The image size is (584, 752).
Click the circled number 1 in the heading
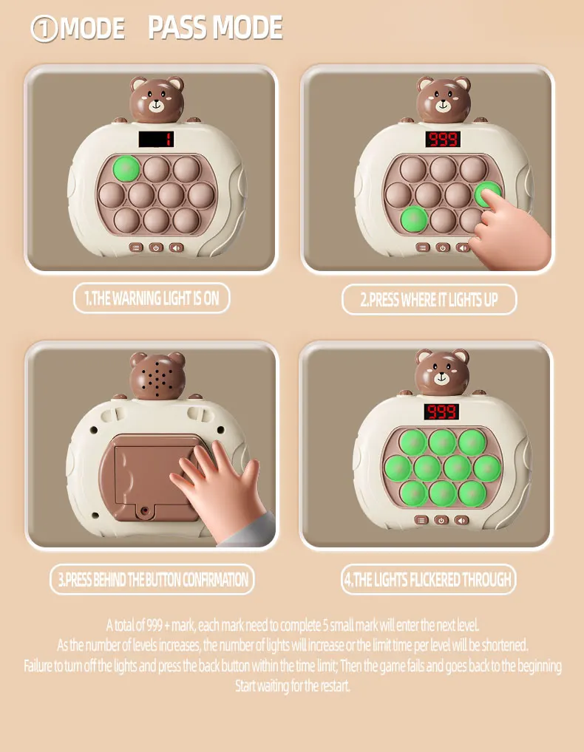click(44, 29)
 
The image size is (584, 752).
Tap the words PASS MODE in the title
click(215, 27)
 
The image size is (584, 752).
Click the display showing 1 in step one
click(157, 140)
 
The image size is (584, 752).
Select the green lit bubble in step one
click(126, 168)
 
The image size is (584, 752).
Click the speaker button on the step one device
click(176, 247)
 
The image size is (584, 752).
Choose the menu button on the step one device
click(136, 247)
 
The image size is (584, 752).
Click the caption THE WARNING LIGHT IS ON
click(152, 298)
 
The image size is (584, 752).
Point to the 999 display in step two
click(443, 139)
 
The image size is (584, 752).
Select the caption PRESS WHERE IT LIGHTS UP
click(429, 300)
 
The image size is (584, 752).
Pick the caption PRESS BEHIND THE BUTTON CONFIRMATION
click(152, 579)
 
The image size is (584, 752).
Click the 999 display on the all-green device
click(441, 411)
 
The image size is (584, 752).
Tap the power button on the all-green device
click(441, 520)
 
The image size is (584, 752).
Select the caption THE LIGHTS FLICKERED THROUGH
click(428, 580)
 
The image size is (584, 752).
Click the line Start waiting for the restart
click(292, 686)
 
